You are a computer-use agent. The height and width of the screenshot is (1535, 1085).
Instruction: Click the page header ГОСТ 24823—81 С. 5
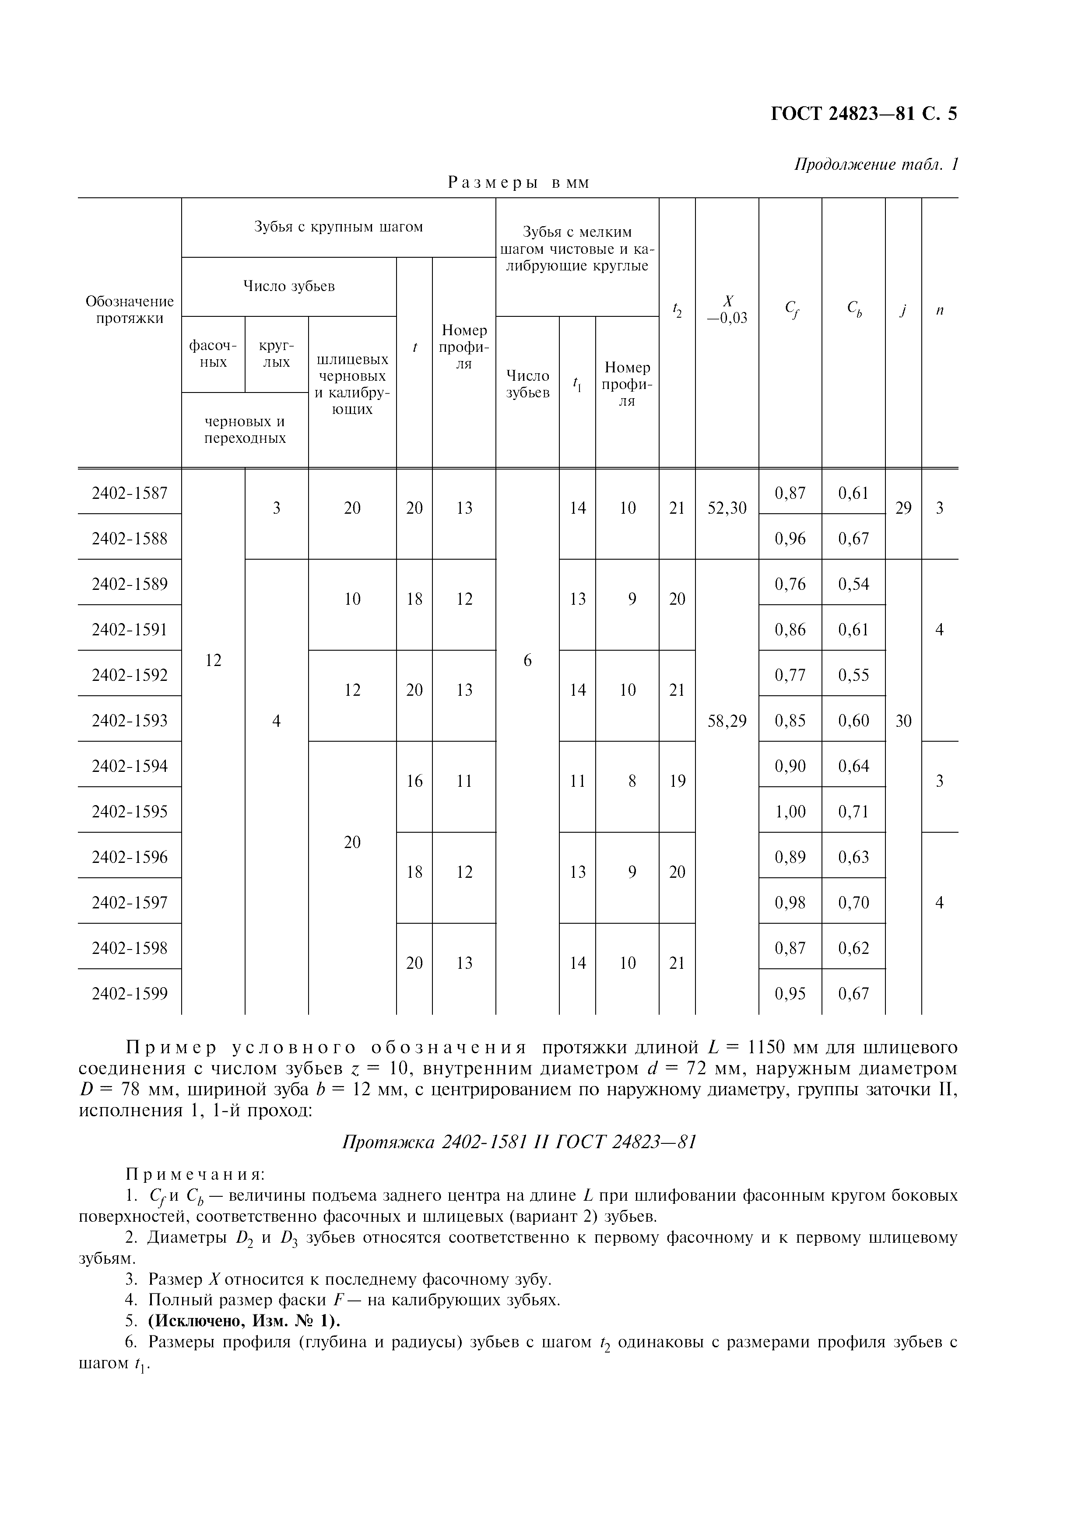point(864,114)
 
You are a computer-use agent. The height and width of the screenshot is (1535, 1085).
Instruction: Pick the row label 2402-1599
point(130,993)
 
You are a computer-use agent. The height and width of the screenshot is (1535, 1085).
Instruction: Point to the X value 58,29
point(727,721)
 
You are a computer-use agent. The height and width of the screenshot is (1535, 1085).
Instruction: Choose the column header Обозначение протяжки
point(130,309)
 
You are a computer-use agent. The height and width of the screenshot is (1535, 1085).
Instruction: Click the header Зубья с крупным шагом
point(338,227)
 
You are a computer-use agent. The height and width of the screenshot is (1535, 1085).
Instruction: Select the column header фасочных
point(213,354)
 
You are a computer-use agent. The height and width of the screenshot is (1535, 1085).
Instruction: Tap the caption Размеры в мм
point(518,182)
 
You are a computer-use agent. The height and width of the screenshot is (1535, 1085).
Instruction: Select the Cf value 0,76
point(790,584)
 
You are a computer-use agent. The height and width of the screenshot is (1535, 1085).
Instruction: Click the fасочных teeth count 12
point(213,661)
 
